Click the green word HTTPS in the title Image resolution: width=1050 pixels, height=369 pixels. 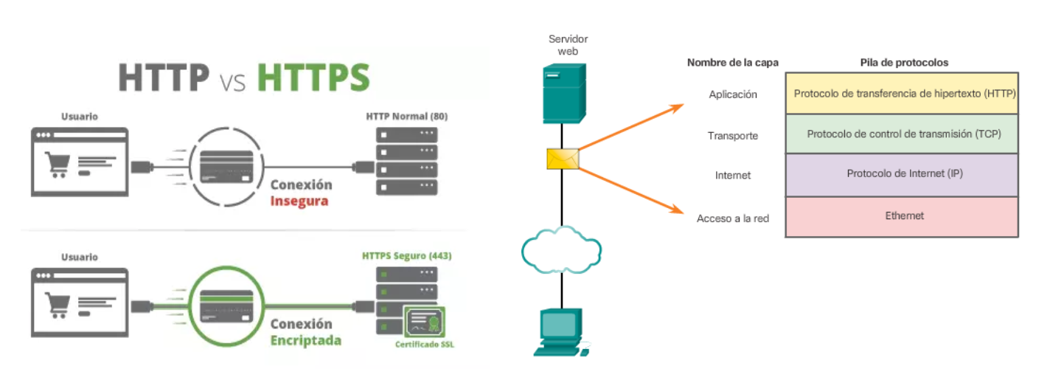click(x=313, y=77)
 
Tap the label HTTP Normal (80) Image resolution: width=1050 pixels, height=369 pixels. click(x=406, y=117)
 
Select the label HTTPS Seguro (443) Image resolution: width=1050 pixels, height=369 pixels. click(x=406, y=256)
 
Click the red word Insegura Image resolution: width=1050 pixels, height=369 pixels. click(x=299, y=201)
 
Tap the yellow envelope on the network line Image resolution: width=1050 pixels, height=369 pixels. click(x=563, y=159)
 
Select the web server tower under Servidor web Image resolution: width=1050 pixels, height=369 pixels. click(x=563, y=92)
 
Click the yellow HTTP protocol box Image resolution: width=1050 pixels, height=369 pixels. click(x=901, y=94)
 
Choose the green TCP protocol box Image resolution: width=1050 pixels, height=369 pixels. click(x=901, y=134)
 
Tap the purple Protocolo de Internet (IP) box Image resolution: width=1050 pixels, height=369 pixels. click(x=901, y=174)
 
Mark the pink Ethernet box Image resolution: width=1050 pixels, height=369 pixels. click(x=901, y=216)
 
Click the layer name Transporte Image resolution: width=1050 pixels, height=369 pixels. click(x=733, y=136)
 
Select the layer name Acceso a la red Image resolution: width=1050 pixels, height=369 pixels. click(x=733, y=218)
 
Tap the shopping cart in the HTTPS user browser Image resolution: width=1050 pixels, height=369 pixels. click(x=57, y=303)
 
